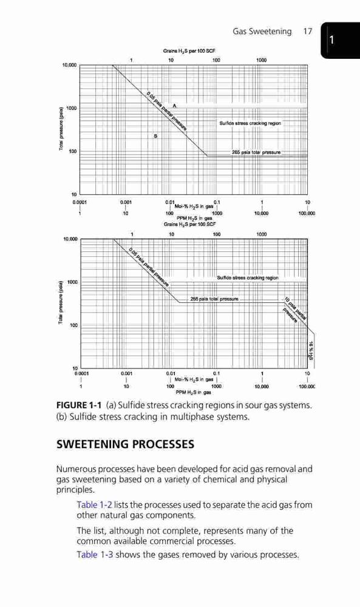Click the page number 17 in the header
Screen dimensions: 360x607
tap(307, 32)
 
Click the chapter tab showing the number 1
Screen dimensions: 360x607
tap(340, 40)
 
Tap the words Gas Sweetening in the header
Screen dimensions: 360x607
tap(262, 32)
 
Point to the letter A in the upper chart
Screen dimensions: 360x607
tap(175, 105)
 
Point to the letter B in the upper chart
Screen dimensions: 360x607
tap(155, 136)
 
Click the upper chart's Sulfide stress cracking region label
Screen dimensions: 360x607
tap(250, 123)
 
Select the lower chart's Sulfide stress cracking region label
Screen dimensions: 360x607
tap(248, 277)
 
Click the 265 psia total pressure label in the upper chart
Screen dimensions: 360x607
tap(256, 152)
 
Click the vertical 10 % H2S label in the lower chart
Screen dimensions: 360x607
tap(310, 350)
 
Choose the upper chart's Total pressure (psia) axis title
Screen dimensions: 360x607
tap(61, 129)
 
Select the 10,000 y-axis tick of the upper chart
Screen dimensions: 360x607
tap(69, 65)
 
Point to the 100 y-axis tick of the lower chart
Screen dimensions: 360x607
tap(73, 325)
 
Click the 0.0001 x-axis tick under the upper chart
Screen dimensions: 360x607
tap(80, 202)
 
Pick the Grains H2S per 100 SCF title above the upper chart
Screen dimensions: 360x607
tap(189, 51)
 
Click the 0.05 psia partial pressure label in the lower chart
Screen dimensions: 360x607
tap(149, 267)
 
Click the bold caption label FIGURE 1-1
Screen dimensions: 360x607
tap(79, 405)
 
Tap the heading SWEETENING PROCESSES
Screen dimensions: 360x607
tap(126, 444)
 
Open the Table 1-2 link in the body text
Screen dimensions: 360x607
tap(95, 505)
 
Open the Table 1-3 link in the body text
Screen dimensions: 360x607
tap(95, 554)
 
